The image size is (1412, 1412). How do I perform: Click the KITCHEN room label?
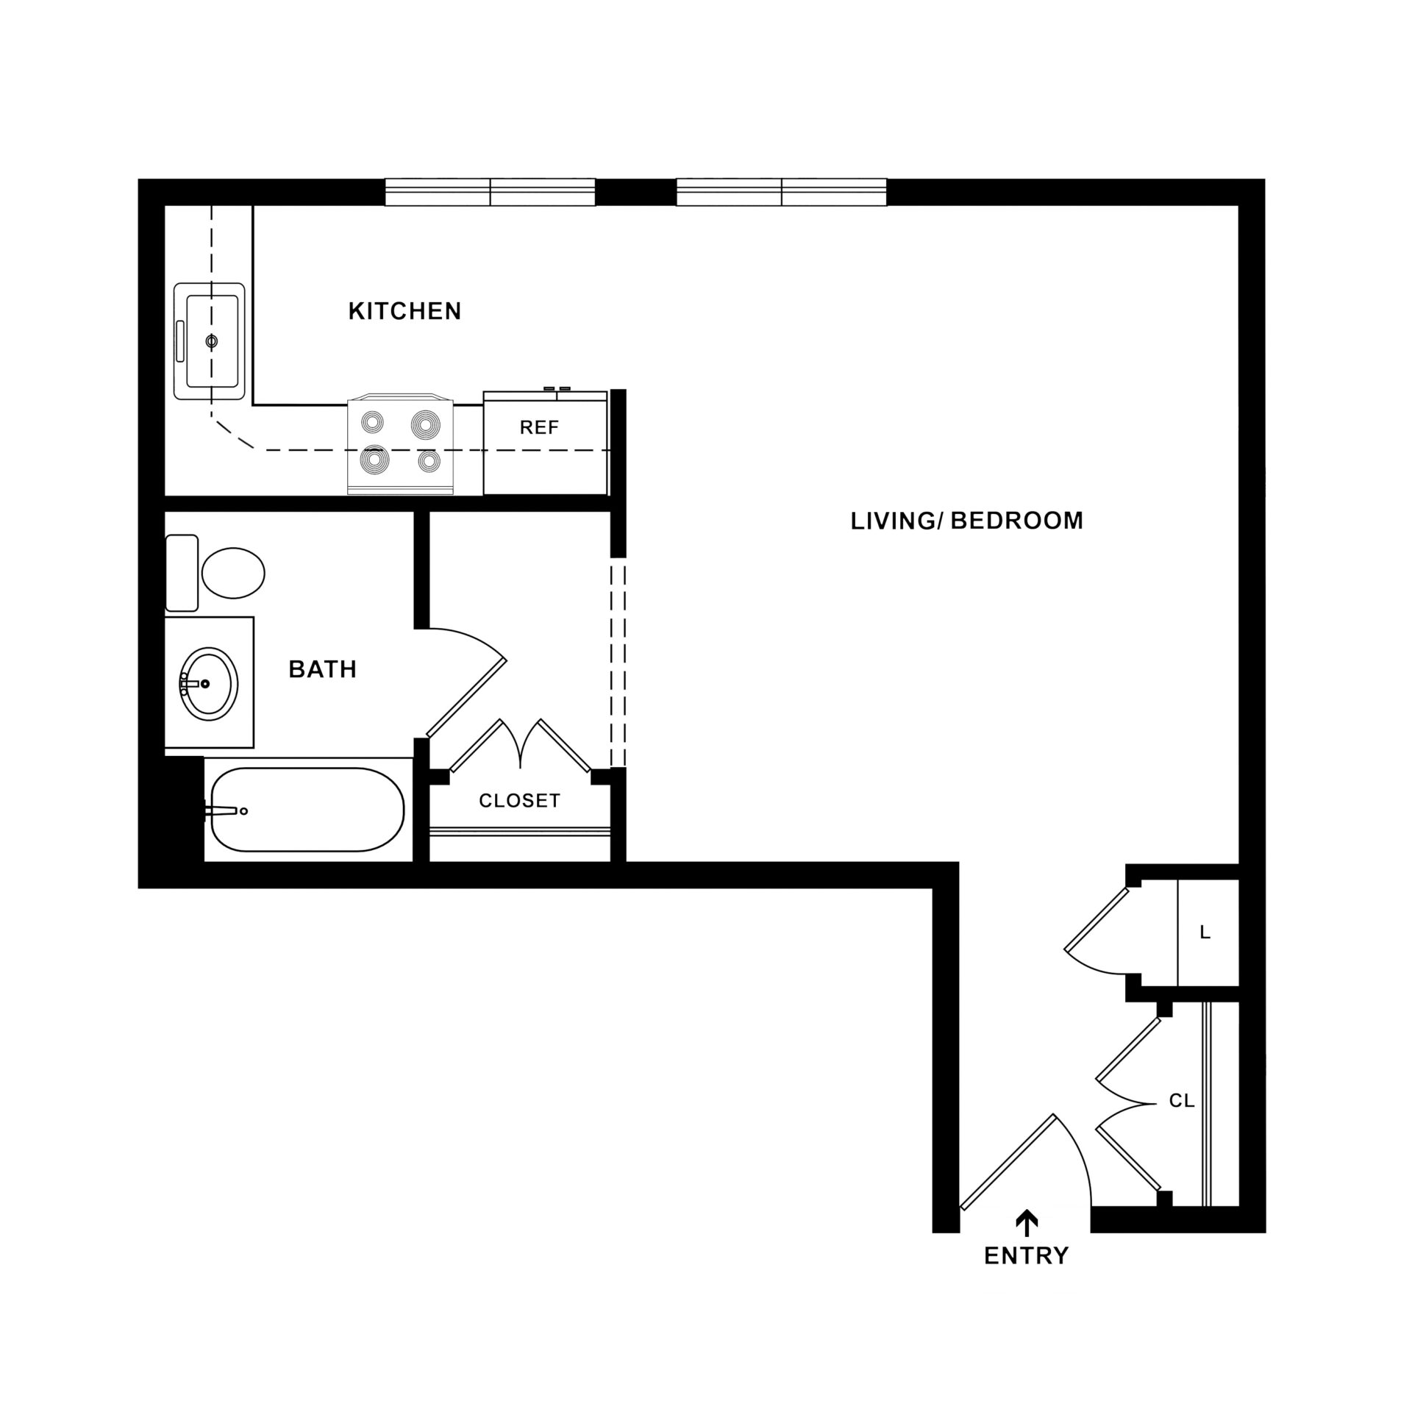[404, 311]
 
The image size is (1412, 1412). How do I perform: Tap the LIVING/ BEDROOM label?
[967, 521]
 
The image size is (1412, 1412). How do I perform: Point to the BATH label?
[323, 669]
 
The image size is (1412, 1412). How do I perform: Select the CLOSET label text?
[520, 800]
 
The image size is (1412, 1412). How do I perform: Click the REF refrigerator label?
[540, 427]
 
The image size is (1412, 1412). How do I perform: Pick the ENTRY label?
[1027, 1255]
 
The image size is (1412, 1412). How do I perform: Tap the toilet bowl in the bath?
[233, 572]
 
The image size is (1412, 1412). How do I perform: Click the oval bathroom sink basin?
[210, 683]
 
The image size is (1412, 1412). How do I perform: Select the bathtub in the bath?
[308, 810]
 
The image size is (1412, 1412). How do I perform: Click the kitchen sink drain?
[212, 340]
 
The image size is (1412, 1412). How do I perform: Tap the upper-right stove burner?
[426, 424]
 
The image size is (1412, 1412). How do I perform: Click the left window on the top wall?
[491, 192]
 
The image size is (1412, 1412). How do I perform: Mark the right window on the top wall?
[782, 192]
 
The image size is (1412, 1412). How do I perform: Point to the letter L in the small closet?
[1205, 933]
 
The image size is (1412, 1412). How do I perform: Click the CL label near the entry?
[1182, 1122]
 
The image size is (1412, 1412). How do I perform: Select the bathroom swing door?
[466, 696]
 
